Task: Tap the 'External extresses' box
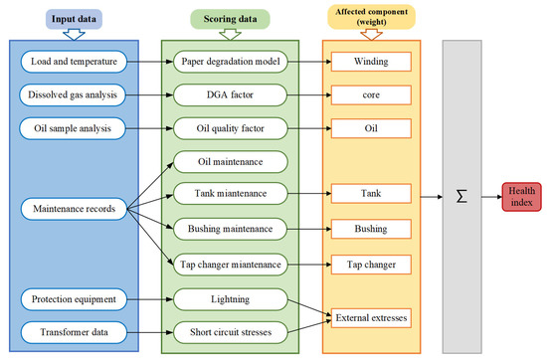pyautogui.click(x=370, y=316)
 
